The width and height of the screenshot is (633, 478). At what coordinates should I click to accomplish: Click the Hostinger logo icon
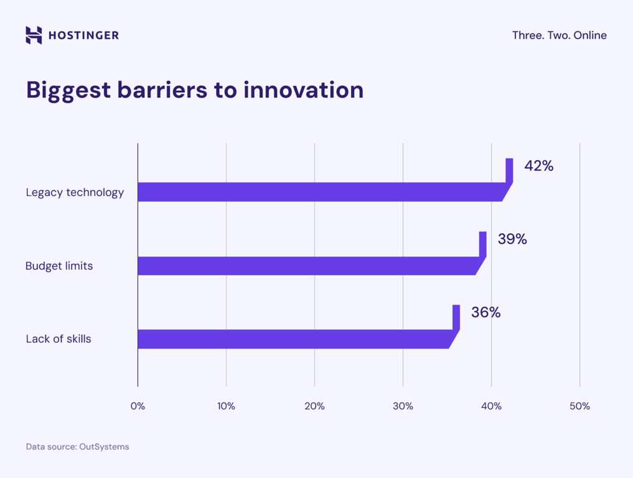34,35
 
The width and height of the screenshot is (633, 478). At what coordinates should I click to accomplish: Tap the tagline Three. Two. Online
559,35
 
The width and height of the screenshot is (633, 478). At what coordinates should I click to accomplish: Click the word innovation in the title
303,90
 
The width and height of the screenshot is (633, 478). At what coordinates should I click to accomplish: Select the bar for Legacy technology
321,192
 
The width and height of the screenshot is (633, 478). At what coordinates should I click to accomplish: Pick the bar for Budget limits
308,266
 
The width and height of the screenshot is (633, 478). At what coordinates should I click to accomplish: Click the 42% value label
538,166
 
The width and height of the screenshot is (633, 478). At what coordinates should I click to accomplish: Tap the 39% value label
512,239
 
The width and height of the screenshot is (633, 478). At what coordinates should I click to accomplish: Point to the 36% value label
485,312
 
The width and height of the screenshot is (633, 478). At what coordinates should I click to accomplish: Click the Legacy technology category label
75,192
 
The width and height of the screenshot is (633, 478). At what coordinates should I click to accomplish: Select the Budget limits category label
59,266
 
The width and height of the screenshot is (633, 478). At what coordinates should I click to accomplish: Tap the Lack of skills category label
59,339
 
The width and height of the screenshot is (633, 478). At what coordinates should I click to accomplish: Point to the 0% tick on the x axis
138,406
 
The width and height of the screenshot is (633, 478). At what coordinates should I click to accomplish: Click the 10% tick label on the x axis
226,406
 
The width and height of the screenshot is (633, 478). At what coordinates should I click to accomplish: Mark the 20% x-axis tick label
314,406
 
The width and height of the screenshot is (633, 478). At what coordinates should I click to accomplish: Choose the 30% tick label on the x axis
403,406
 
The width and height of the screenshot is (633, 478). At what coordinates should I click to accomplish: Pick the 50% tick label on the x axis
579,406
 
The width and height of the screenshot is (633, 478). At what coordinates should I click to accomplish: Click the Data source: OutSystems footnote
77,447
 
